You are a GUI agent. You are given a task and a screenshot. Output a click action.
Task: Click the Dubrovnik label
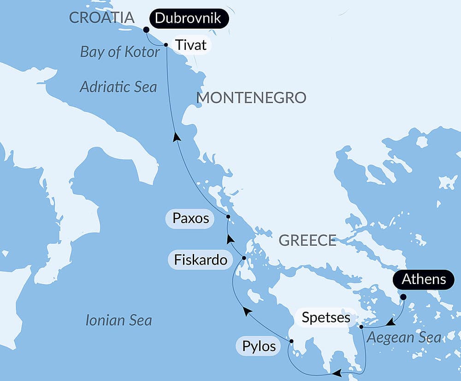(x=189, y=19)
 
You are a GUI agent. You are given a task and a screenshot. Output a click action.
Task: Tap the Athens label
(x=424, y=279)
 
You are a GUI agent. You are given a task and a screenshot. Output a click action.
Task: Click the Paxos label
(x=190, y=218)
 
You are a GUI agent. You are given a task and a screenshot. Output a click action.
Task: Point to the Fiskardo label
(x=201, y=260)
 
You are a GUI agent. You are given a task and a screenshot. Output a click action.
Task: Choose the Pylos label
(x=259, y=346)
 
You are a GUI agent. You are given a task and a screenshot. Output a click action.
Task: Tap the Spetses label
(x=326, y=318)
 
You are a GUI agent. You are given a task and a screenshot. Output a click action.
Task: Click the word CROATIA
(x=101, y=18)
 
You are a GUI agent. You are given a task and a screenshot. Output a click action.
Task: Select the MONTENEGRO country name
(x=251, y=97)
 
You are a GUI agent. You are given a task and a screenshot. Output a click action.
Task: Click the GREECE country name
(x=307, y=240)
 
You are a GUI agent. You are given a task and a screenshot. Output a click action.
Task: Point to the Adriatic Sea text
(x=118, y=86)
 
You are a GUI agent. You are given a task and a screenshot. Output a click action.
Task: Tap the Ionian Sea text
(x=118, y=320)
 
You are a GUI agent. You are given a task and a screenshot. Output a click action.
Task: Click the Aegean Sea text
(x=403, y=338)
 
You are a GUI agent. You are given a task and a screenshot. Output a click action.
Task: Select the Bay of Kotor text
(x=120, y=52)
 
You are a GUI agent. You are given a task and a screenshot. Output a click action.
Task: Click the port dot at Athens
(x=403, y=297)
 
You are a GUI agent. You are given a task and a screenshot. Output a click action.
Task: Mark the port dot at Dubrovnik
(x=146, y=30)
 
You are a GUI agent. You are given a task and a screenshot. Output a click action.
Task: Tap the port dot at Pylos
(x=291, y=341)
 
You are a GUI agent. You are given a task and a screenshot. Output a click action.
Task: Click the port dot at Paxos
(x=228, y=216)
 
